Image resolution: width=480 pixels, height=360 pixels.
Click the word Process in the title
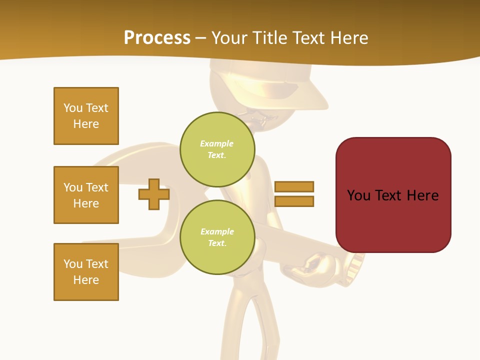[157, 38]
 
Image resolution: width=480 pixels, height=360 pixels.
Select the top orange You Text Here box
[86, 116]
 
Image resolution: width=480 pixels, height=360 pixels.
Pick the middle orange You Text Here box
[86, 195]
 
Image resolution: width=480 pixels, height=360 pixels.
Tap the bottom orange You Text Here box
[86, 272]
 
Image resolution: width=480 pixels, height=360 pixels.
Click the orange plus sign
[154, 194]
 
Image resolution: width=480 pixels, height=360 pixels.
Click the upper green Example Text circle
[217, 149]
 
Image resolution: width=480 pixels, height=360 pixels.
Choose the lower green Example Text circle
[217, 237]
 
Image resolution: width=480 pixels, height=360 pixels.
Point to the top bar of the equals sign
[294, 186]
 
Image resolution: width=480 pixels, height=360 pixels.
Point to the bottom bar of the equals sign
[294, 201]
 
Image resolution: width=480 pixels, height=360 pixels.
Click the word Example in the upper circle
[217, 143]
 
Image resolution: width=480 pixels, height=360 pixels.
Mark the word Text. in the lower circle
[217, 243]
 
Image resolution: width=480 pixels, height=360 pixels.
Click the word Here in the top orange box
[86, 124]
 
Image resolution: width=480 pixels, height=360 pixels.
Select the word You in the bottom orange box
[73, 264]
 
